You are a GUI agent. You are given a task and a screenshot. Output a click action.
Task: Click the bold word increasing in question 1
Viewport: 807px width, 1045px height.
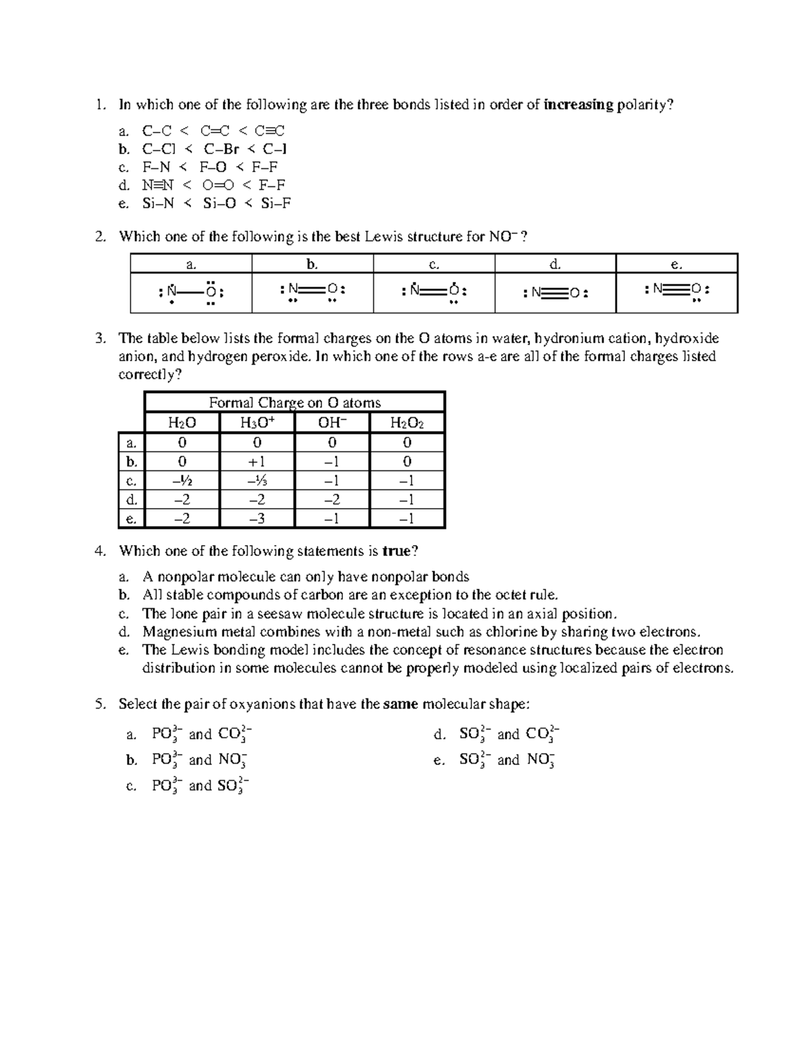(578, 105)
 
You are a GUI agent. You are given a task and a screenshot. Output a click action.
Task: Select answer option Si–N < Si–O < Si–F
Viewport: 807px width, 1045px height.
(216, 203)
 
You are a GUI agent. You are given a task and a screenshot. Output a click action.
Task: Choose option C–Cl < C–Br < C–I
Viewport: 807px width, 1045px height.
(215, 149)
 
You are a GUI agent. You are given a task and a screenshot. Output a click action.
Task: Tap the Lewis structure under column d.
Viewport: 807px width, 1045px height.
(555, 293)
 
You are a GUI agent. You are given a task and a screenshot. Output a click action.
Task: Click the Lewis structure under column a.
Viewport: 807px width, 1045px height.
(191, 293)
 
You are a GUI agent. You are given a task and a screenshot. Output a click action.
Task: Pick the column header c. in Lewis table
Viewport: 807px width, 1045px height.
(434, 264)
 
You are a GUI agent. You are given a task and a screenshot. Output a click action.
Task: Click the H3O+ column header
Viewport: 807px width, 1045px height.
(257, 423)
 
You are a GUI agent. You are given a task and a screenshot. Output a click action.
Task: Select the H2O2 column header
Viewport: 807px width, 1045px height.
(407, 423)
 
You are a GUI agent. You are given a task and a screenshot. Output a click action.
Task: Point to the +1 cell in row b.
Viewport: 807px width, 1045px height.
(257, 462)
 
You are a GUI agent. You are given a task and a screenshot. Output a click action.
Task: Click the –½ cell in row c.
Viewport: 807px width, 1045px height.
(182, 480)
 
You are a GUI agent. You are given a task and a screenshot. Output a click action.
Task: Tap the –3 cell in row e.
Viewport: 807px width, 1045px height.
(257, 519)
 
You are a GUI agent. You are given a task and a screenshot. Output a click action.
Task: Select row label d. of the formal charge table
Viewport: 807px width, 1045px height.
(132, 500)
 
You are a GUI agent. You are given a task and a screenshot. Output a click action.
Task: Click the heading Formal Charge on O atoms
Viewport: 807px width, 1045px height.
(295, 402)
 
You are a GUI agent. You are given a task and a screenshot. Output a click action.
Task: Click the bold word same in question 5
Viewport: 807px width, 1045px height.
(401, 705)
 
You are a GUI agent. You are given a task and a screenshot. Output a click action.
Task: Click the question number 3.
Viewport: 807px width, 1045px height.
(100, 338)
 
